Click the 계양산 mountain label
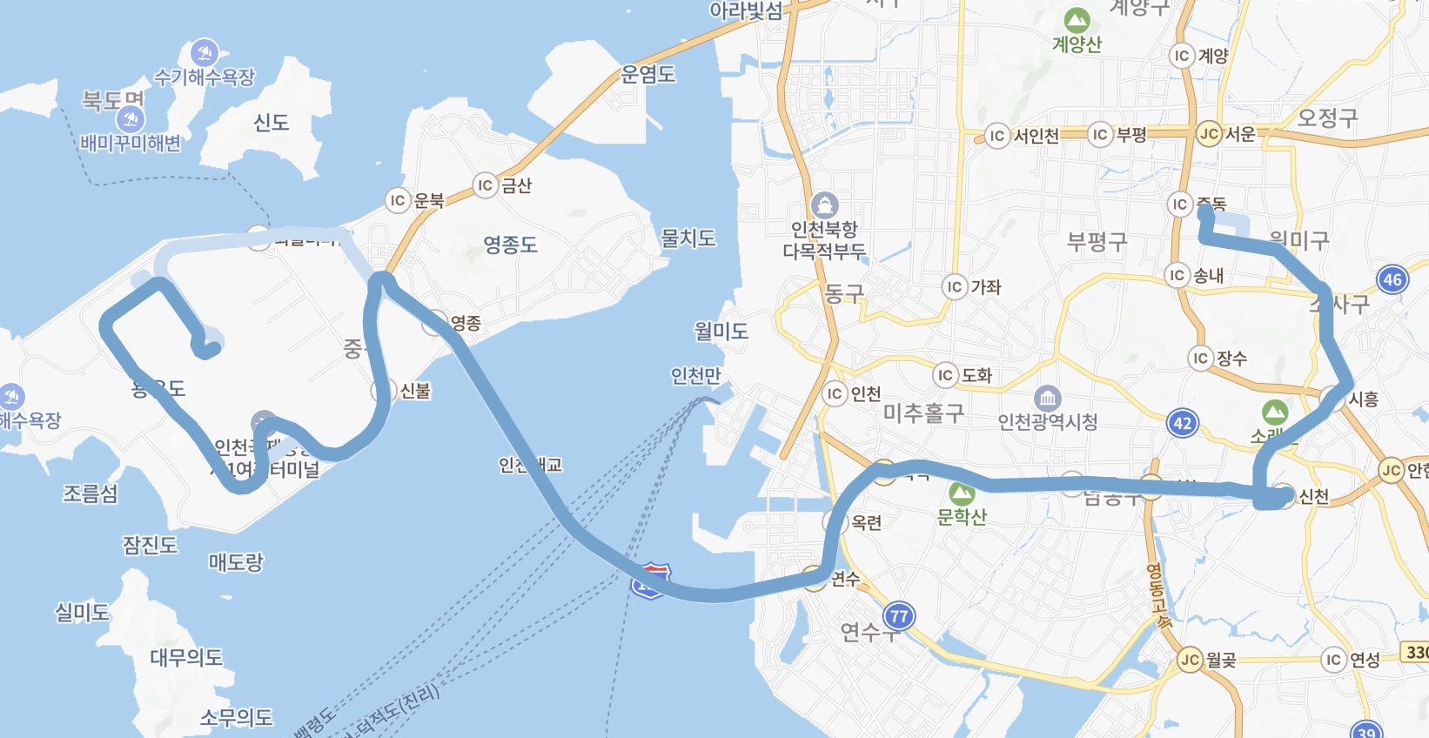(x=1077, y=44)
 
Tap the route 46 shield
(x=1392, y=279)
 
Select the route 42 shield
(x=1182, y=424)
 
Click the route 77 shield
(x=899, y=616)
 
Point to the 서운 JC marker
(x=1208, y=134)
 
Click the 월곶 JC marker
(x=1190, y=660)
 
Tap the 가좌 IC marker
(x=955, y=286)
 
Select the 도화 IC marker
(x=945, y=375)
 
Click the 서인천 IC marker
(x=997, y=136)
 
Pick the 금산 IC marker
(x=485, y=185)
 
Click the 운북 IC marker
(x=398, y=200)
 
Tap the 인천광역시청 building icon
(x=1048, y=399)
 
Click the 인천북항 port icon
(x=823, y=206)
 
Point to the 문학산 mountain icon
(x=962, y=494)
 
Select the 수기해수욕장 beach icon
(x=205, y=53)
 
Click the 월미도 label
(x=721, y=331)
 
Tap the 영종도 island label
(x=510, y=245)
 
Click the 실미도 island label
(x=82, y=613)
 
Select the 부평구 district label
(x=1097, y=241)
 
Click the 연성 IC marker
(x=1333, y=660)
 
